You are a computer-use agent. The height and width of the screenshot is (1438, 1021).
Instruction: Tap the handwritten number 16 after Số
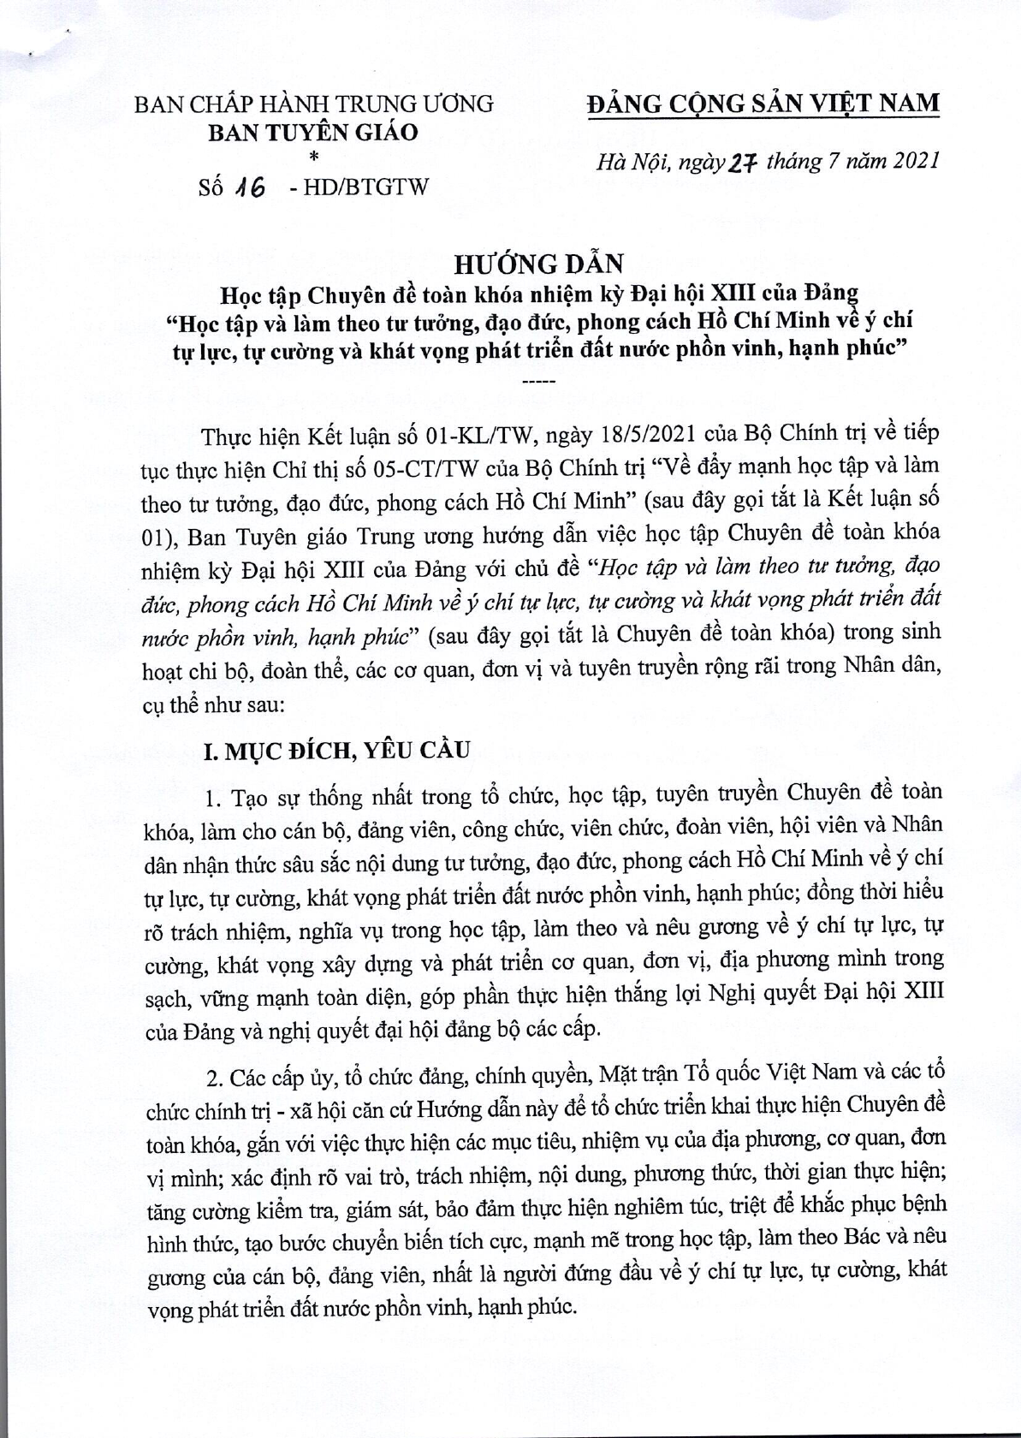(x=247, y=187)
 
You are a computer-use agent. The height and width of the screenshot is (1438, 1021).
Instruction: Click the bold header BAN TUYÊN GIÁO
(x=314, y=133)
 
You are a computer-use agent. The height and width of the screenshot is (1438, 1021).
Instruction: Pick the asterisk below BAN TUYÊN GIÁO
(x=312, y=157)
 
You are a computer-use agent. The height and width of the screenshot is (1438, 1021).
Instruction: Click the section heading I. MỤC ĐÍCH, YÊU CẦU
(x=335, y=751)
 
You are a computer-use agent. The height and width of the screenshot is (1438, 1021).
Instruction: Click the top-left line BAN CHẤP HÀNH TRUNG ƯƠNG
(x=314, y=104)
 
